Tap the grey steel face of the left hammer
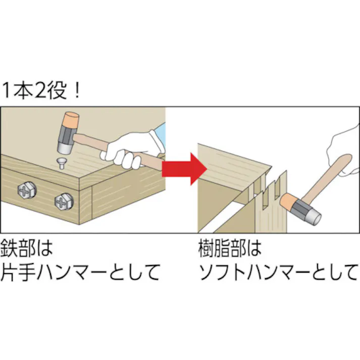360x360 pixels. pyautogui.click(x=64, y=148)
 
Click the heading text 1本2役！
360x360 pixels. pyautogui.click(x=41, y=91)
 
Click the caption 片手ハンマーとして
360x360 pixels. pyautogui.click(x=81, y=272)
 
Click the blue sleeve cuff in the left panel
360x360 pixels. pyautogui.click(x=161, y=134)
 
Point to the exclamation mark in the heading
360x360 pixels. pyautogui.click(x=75, y=91)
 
